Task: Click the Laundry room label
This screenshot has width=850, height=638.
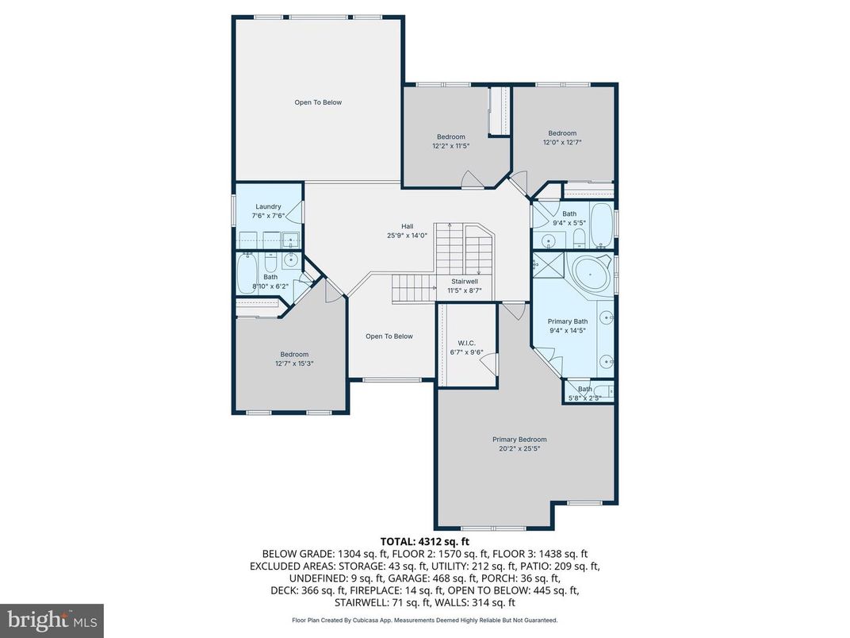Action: click(x=268, y=207)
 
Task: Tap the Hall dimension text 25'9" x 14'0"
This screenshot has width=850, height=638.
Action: click(x=407, y=235)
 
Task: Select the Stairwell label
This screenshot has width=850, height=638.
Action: click(x=464, y=282)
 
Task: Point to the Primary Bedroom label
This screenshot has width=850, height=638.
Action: click(x=519, y=440)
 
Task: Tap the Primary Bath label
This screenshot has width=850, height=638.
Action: click(x=567, y=321)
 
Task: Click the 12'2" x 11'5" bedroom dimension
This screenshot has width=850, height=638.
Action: click(x=451, y=146)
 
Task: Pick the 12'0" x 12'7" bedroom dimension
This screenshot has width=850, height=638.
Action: click(x=562, y=143)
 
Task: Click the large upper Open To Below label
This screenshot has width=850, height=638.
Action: click(x=318, y=102)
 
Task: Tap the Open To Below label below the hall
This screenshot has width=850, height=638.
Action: click(x=389, y=336)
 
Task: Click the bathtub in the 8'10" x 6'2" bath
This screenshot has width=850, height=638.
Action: click(x=247, y=275)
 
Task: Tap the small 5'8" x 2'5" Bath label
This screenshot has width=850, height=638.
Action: click(x=584, y=389)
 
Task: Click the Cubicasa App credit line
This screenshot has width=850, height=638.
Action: click(x=424, y=620)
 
